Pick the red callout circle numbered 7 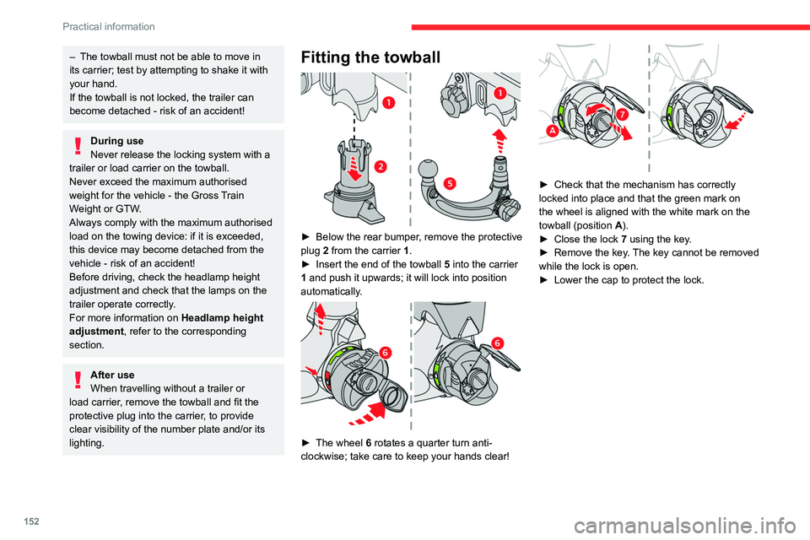622,113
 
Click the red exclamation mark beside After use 78,380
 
